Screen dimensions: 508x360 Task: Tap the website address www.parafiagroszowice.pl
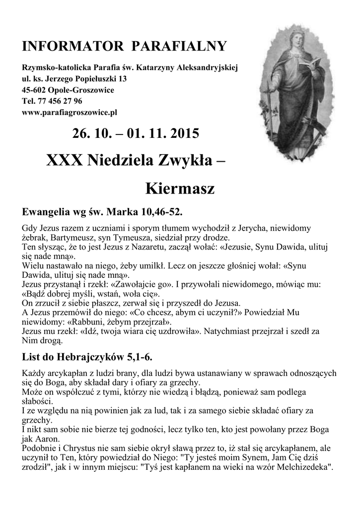[x=70, y=113]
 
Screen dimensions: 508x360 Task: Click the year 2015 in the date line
[x=185, y=134]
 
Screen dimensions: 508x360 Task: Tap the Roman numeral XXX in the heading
[x=65, y=160]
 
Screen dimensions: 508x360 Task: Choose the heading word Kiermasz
[x=180, y=189]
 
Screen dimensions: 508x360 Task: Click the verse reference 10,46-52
[x=160, y=213]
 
